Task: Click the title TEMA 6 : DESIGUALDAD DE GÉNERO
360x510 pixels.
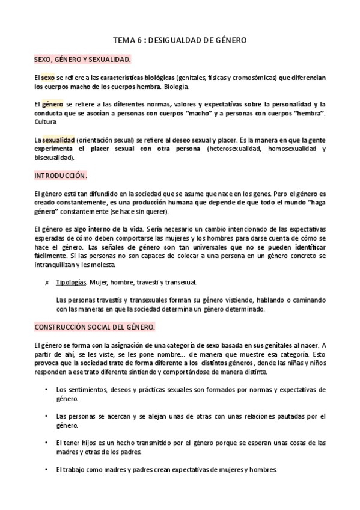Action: point(180,40)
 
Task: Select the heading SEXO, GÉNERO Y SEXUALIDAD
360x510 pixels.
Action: point(82,60)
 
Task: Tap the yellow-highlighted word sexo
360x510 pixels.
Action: point(47,78)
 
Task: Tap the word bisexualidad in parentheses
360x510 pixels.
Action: point(53,158)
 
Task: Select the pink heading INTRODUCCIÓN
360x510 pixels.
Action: point(61,176)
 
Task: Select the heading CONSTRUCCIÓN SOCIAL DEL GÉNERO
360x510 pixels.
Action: point(94,327)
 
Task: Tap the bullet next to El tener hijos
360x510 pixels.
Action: point(47,443)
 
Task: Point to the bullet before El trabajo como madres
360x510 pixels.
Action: point(47,469)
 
